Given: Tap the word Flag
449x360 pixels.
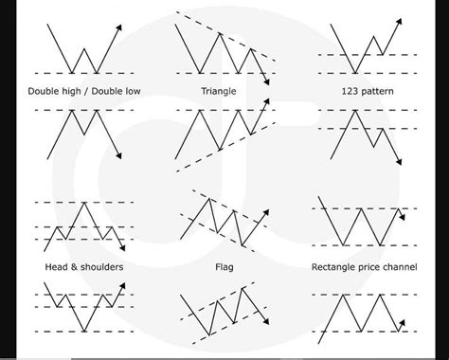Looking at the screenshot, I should (x=224, y=267).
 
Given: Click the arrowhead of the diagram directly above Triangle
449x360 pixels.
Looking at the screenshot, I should (x=268, y=83).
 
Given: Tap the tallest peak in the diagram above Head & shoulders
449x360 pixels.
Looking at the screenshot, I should (x=85, y=202).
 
